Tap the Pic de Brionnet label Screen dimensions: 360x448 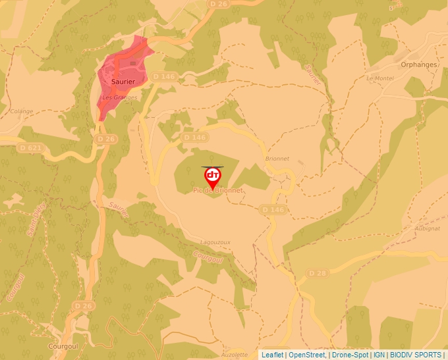(217, 190)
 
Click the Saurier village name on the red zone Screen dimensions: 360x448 (123, 82)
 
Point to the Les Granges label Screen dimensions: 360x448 (120, 97)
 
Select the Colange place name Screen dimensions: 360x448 (21, 111)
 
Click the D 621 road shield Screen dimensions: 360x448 (31, 147)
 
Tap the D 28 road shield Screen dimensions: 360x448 (318, 272)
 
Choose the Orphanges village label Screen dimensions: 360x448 (420, 64)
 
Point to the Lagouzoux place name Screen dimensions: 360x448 (215, 242)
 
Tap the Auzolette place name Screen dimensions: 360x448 (235, 354)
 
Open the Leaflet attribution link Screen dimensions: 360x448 (272, 355)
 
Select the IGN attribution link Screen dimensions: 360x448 (379, 355)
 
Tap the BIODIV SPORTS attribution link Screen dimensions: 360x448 (416, 355)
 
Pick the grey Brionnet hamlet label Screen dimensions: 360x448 (277, 159)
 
